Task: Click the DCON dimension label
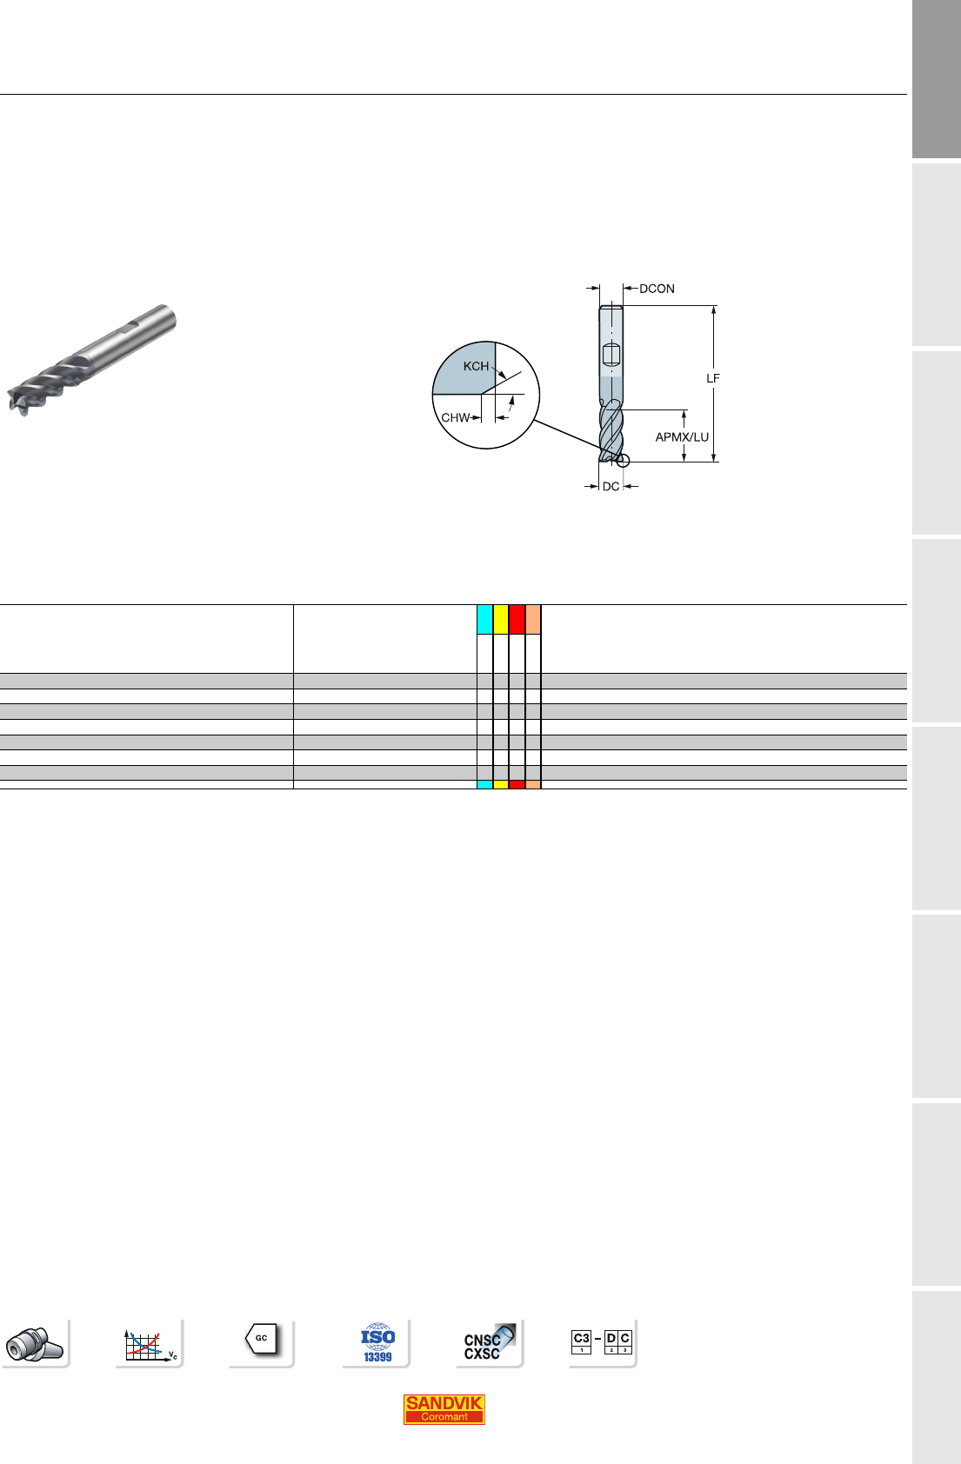pos(657,289)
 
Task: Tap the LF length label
pos(712,378)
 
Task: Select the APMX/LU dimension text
pos(682,436)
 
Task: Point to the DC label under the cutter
pos(611,486)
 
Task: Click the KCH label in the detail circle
pos(476,366)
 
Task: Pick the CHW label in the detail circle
pos(455,417)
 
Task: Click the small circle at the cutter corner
pos(623,461)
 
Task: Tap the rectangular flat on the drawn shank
pos(611,355)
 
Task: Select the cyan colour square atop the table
pos(484,620)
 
